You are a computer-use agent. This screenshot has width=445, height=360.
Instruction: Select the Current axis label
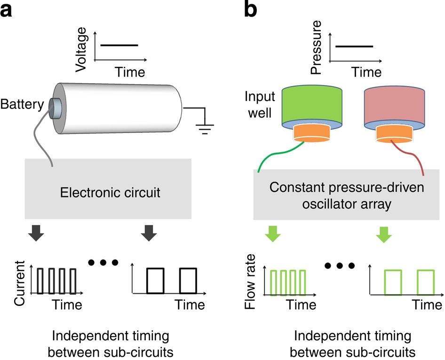point(19,284)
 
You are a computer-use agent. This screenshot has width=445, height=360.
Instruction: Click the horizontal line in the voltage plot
point(119,46)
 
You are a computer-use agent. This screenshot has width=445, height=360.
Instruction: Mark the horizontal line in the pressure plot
point(354,46)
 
